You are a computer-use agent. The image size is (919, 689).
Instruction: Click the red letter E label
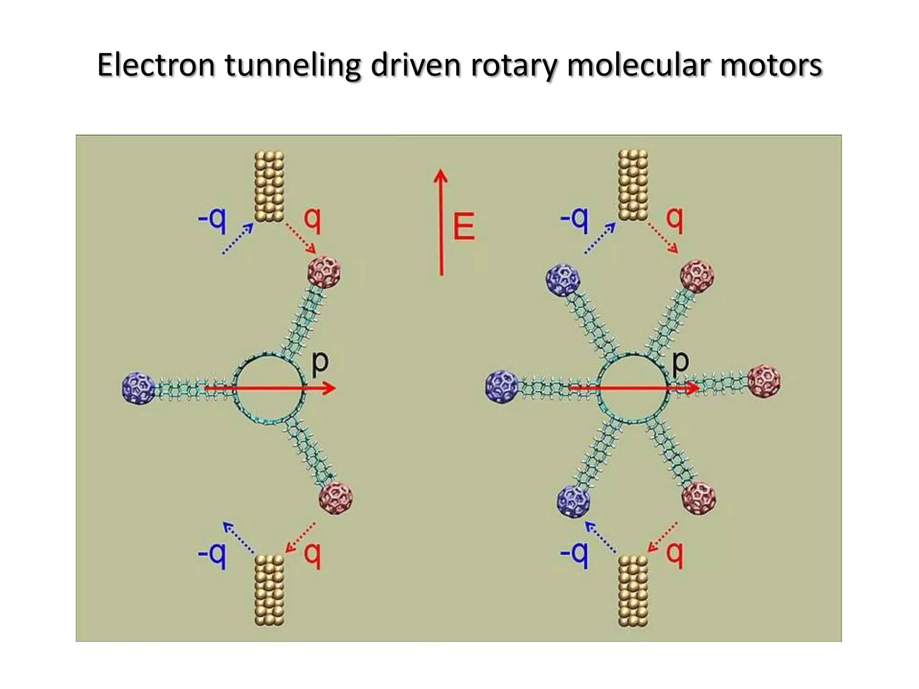(x=464, y=227)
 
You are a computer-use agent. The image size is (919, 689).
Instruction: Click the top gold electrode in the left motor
(x=269, y=186)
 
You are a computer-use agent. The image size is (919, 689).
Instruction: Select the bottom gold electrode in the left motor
(x=269, y=590)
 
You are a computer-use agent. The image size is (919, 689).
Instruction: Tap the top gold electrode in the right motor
(x=633, y=185)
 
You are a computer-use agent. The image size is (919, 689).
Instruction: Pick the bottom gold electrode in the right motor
(x=633, y=591)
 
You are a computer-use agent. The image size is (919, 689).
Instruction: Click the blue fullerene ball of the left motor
(x=139, y=388)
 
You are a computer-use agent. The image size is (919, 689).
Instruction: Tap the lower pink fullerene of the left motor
(x=336, y=497)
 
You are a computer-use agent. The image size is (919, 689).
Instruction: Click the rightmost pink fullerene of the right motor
(x=764, y=382)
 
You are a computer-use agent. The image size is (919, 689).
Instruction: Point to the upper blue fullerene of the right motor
(x=563, y=280)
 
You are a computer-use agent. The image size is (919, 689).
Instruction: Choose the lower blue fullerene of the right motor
(x=573, y=501)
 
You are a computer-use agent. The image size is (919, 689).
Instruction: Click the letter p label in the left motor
(x=320, y=362)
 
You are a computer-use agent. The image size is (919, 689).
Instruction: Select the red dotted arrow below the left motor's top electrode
(x=301, y=238)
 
